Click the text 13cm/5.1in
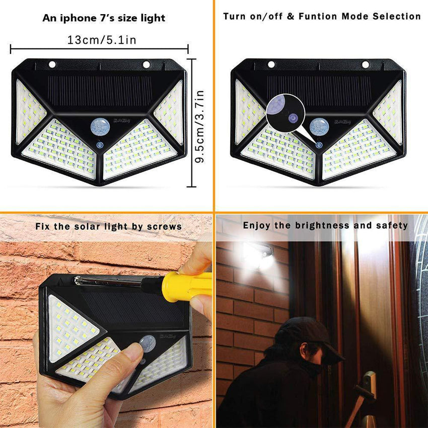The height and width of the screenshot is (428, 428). pos(102,40)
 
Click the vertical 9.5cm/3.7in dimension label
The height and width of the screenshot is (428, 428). pos(200,126)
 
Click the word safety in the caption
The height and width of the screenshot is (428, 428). pos(392,226)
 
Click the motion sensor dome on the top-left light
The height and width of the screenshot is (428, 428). pos(100,126)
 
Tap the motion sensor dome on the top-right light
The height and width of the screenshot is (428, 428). pos(319,126)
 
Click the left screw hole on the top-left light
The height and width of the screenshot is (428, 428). pos(52,64)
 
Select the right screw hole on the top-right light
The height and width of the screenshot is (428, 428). pos(365,64)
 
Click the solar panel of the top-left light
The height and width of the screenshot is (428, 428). pos(101,91)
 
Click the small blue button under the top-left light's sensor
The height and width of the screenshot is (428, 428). pos(100,145)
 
